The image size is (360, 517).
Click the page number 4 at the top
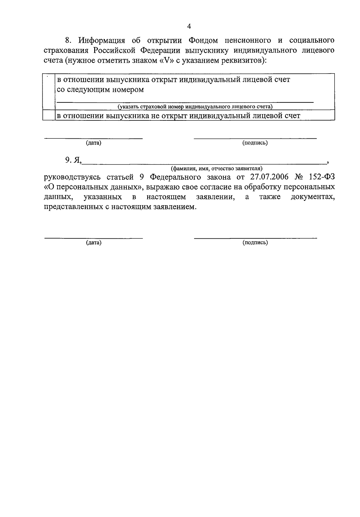[189, 26]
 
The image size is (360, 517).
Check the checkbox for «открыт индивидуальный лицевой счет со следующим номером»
[49, 92]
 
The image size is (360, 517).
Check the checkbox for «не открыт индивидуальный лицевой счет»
[49, 116]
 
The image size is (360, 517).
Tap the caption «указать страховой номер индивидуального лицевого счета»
[195, 107]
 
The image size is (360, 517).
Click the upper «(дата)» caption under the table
[94, 143]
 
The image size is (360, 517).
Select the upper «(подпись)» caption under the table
[255, 143]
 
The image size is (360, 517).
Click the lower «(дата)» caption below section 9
[94, 243]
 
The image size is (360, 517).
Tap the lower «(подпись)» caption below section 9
[255, 243]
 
